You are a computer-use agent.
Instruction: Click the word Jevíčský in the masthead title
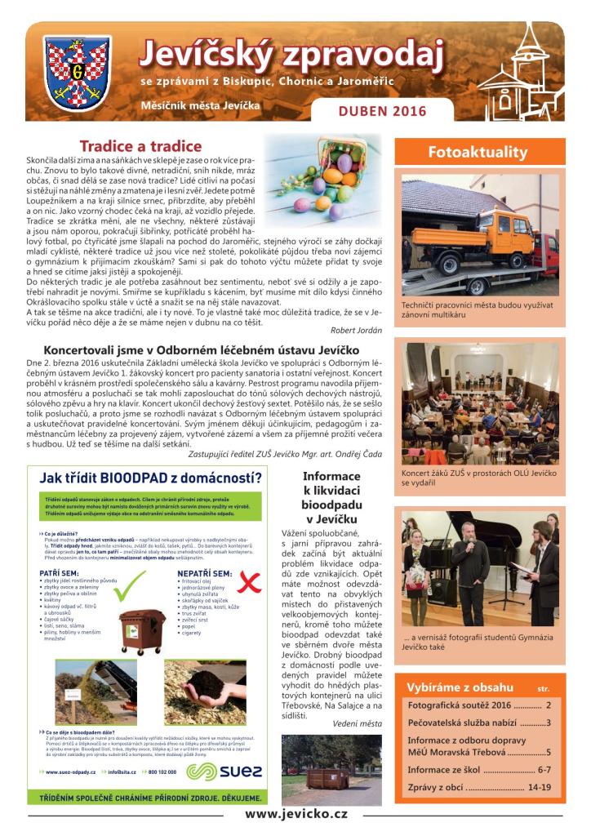click(204, 55)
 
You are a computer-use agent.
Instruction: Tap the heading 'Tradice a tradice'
click(140, 146)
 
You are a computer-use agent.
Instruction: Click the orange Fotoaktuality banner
click(478, 152)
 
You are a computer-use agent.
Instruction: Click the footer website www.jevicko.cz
click(296, 815)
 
